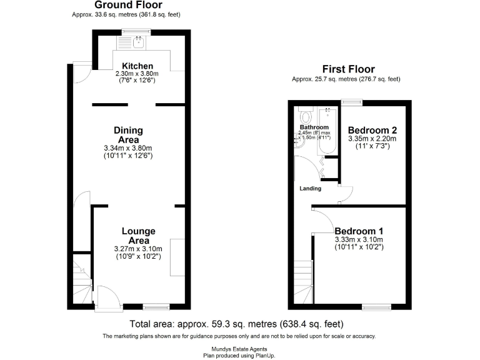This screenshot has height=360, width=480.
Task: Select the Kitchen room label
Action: (137, 66)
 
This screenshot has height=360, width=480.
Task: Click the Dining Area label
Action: (128, 134)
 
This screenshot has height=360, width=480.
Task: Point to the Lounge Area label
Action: (139, 236)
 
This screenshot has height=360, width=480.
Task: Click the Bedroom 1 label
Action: (359, 231)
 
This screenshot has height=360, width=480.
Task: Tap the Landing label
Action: (310, 188)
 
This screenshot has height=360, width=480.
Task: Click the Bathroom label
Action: (314, 127)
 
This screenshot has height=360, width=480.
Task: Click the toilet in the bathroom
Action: (306, 116)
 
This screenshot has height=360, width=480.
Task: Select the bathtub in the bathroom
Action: (327, 131)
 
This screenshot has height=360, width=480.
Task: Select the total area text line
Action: (236, 324)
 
